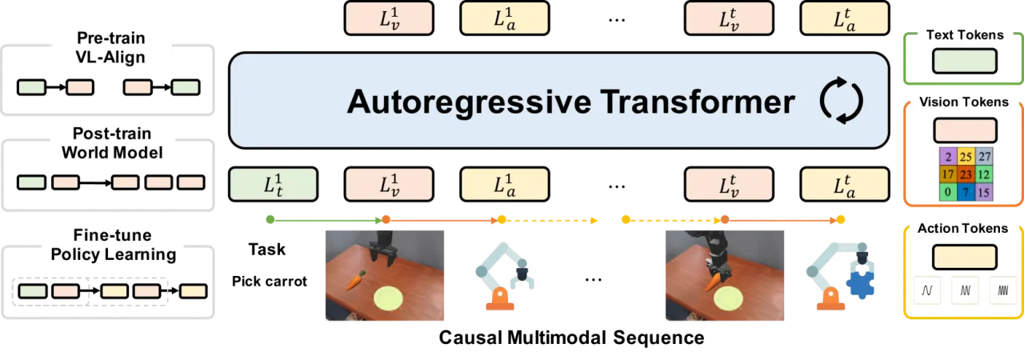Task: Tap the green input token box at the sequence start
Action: click(274, 184)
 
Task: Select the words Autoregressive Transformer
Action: click(571, 102)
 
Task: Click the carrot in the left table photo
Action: click(355, 279)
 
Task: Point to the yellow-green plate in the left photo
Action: click(388, 299)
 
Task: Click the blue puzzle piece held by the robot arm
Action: click(861, 284)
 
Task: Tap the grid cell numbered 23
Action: click(966, 174)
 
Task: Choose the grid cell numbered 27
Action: click(984, 157)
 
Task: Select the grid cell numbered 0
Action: click(948, 192)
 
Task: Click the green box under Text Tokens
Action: click(965, 62)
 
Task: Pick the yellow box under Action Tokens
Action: click(965, 258)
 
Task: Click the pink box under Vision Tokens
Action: click(965, 130)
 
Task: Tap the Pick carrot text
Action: click(270, 282)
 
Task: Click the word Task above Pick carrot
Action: click(267, 250)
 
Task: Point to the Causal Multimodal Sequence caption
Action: click(571, 338)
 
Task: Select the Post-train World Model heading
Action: click(112, 143)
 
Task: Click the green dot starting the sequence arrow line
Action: click(270, 220)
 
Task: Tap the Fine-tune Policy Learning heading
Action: click(114, 245)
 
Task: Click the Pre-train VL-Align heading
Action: click(110, 47)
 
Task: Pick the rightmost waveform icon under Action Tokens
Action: click(1003, 290)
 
